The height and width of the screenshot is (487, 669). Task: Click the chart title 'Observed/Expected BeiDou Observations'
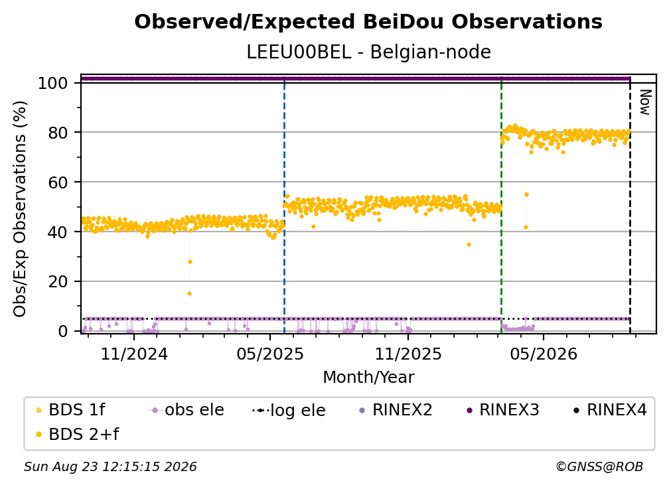[x=368, y=22]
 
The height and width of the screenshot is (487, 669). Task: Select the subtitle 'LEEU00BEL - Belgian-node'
[x=368, y=52]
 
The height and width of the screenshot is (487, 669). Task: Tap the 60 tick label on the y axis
[x=58, y=182]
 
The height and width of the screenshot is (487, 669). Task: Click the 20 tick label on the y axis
[x=58, y=282]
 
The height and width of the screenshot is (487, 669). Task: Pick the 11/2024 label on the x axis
[x=134, y=354]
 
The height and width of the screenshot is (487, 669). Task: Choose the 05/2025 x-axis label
[x=269, y=354]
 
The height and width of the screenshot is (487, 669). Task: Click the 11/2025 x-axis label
[x=408, y=354]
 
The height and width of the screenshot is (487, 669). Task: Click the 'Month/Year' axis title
[x=368, y=378]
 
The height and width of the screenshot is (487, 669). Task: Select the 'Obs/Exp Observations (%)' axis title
[x=20, y=209]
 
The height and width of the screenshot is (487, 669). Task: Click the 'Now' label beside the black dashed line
[x=645, y=102]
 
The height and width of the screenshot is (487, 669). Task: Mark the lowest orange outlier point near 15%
[x=189, y=293]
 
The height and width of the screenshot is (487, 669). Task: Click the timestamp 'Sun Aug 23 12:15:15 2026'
[x=110, y=467]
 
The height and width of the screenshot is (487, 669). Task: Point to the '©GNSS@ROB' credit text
[x=599, y=467]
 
